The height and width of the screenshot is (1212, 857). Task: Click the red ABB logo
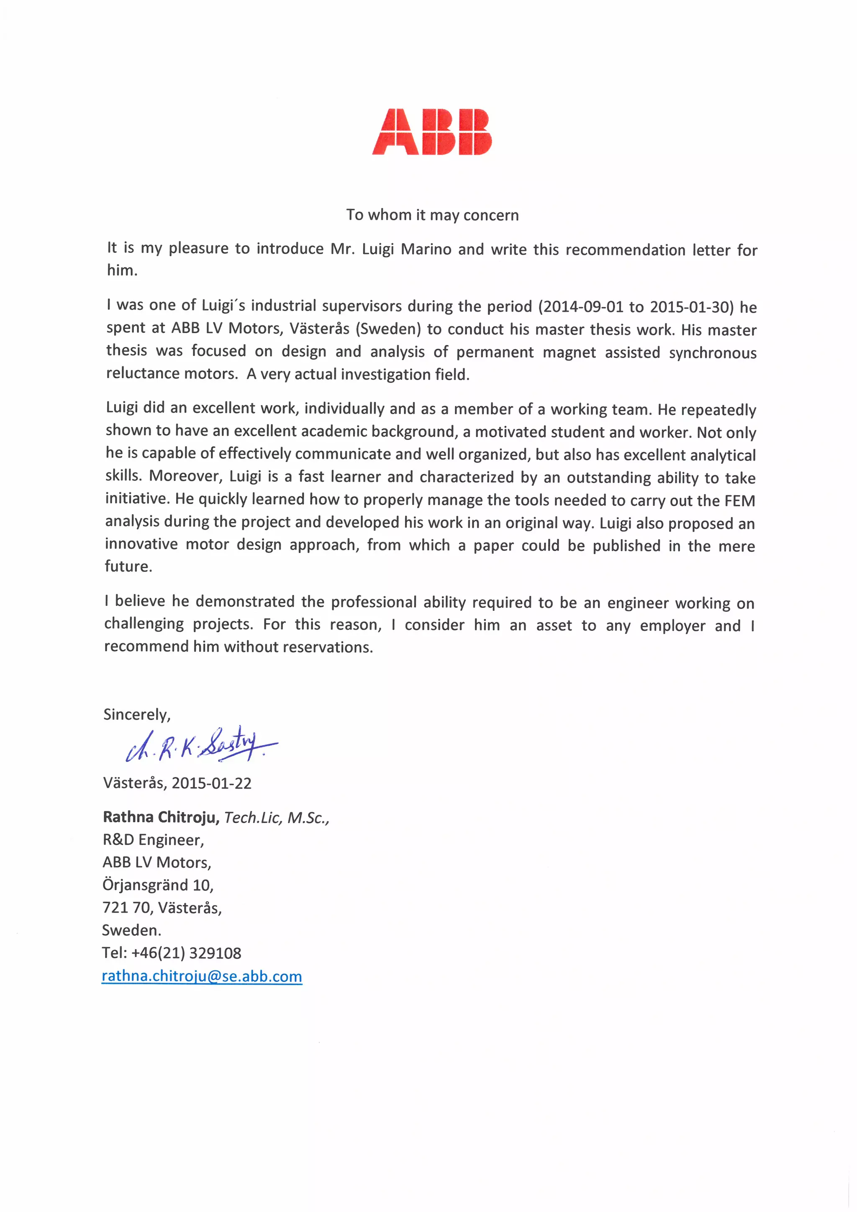(x=432, y=132)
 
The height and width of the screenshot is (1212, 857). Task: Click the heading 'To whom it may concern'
(x=432, y=215)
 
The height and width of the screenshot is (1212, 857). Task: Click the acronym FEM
(x=740, y=500)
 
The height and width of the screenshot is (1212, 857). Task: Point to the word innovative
(x=141, y=544)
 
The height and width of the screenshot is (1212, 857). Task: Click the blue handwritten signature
(x=200, y=745)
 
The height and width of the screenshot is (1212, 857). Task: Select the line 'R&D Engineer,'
(x=153, y=840)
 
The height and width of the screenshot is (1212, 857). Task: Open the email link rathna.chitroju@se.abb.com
(x=202, y=977)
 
